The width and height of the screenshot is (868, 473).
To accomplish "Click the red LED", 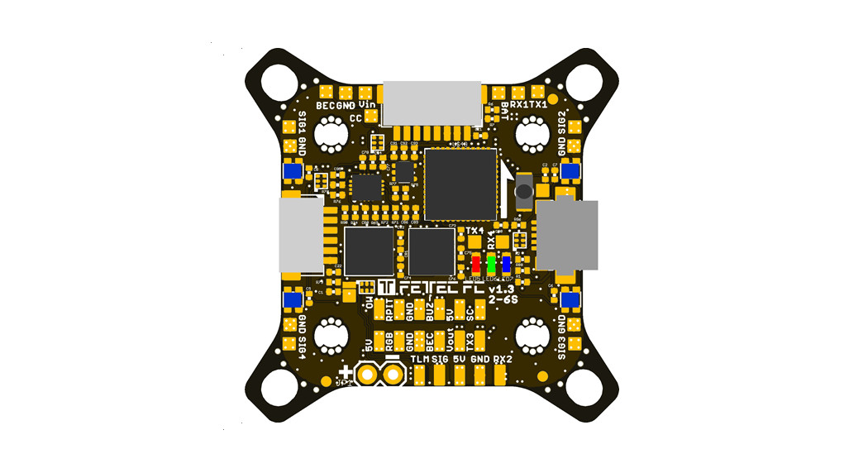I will [x=476, y=265].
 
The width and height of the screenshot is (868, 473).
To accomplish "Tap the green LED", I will [x=491, y=265].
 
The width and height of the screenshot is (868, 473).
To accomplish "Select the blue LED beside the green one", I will [x=506, y=265].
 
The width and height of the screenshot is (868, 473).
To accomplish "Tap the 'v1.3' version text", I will [x=501, y=289].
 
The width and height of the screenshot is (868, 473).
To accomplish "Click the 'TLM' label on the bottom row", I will [x=420, y=360].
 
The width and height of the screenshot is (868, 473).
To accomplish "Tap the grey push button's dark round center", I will [x=523, y=192].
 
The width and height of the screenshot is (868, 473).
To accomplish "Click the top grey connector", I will [x=434, y=103].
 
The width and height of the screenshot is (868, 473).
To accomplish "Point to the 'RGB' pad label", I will [x=389, y=342].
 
